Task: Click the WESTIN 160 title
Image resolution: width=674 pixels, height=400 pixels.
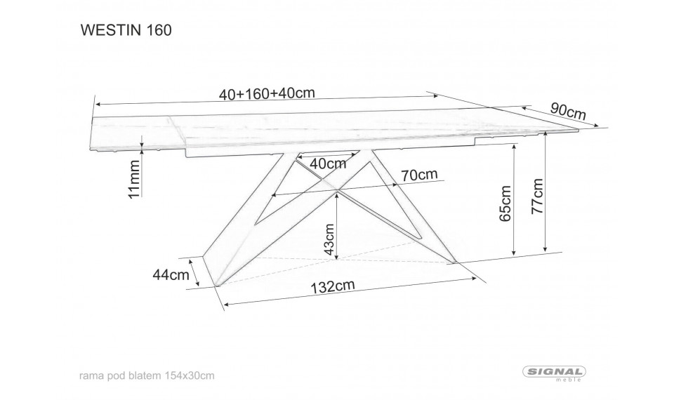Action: [126, 30]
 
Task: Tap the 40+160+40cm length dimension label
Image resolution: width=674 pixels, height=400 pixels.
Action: [267, 93]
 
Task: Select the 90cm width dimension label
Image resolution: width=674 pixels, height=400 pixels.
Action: [568, 111]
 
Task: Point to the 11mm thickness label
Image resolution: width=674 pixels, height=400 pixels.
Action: [135, 179]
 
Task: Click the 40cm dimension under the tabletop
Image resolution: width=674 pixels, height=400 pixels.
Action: [328, 164]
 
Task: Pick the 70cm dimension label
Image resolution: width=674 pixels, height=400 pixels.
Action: [419, 175]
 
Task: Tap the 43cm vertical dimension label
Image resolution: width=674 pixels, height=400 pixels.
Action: [329, 239]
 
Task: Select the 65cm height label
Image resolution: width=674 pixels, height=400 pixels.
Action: [505, 204]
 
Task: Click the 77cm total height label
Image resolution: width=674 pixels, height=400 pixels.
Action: [537, 196]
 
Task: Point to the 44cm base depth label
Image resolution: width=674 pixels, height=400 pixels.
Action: [171, 274]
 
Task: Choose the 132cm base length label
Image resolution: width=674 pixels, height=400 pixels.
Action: [333, 286]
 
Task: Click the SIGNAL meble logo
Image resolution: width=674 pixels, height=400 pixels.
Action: [554, 373]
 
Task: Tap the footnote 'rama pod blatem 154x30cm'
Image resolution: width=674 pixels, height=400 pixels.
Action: [147, 375]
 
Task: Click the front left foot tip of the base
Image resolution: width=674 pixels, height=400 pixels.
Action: [218, 286]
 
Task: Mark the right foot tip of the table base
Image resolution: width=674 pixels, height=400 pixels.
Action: [454, 261]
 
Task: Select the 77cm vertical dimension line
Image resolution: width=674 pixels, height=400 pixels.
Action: [545, 192]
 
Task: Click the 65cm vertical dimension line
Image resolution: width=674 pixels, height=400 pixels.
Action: [514, 200]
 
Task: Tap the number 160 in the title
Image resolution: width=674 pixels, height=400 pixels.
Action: [159, 30]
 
